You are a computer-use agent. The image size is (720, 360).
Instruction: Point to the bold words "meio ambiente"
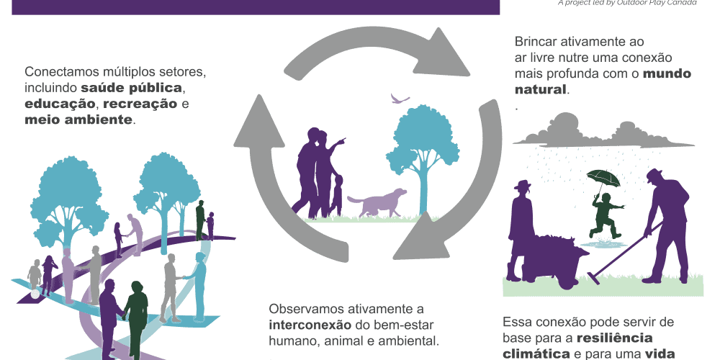[78, 120]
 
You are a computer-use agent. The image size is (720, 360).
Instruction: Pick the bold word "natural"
[541, 90]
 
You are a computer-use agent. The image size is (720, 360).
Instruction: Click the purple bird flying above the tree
[399, 98]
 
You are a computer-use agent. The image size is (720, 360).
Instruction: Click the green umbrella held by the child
[603, 177]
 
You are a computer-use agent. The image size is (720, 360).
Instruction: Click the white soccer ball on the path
[35, 294]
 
